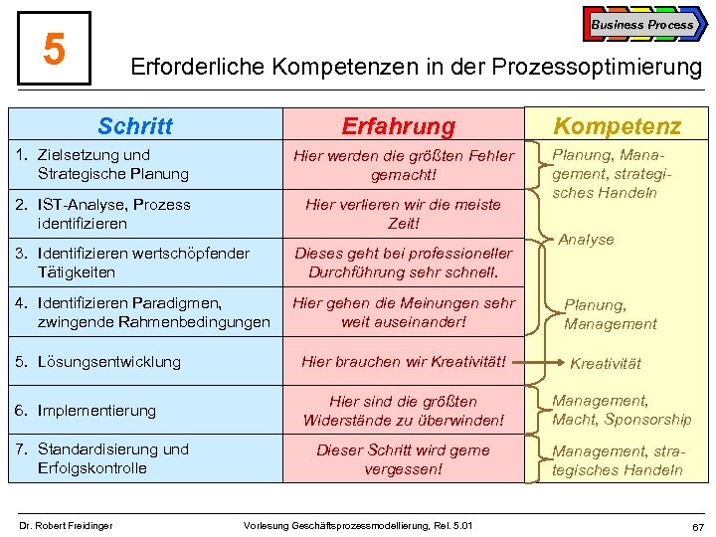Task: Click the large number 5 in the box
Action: point(55,48)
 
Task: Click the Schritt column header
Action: point(135,126)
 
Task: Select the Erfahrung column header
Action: point(398,126)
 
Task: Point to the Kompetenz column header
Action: point(618,126)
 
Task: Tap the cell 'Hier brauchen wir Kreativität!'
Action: point(404,362)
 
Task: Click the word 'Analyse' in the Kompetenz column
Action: point(586,240)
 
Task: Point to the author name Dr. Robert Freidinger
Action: point(67,524)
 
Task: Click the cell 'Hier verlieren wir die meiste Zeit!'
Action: point(404,214)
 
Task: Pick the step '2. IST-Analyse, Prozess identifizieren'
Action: point(100,214)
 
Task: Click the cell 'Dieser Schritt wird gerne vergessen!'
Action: point(404,458)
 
